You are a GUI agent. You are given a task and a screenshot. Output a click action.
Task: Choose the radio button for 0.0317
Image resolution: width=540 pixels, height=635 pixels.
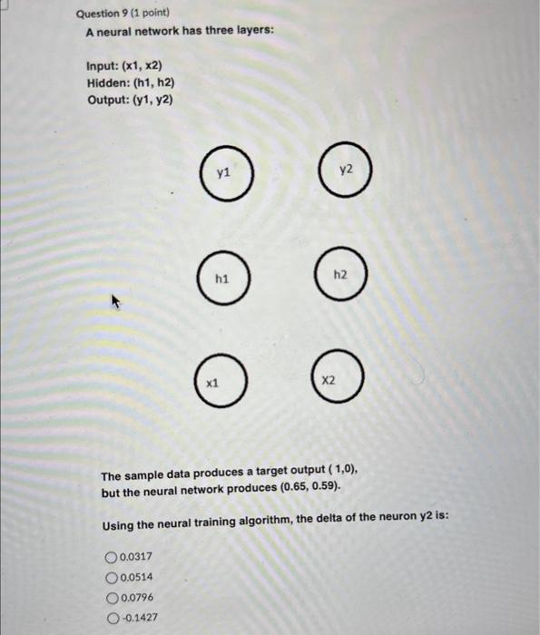point(112,557)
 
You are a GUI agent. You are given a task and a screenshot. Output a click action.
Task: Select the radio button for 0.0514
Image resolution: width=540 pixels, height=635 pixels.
point(112,577)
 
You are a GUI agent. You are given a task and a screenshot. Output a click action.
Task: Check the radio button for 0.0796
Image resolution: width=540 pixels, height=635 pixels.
point(112,597)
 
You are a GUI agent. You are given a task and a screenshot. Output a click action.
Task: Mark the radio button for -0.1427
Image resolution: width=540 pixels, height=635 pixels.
point(112,617)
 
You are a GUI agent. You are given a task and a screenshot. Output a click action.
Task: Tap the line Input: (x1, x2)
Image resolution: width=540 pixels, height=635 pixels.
point(124,67)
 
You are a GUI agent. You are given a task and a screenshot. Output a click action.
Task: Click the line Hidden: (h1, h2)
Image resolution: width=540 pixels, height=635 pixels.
point(131,83)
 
